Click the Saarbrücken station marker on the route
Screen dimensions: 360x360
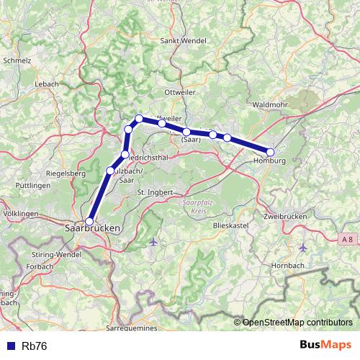89,222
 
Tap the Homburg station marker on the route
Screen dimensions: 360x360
271,152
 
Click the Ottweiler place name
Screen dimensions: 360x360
180,93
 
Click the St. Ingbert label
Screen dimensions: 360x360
155,192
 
